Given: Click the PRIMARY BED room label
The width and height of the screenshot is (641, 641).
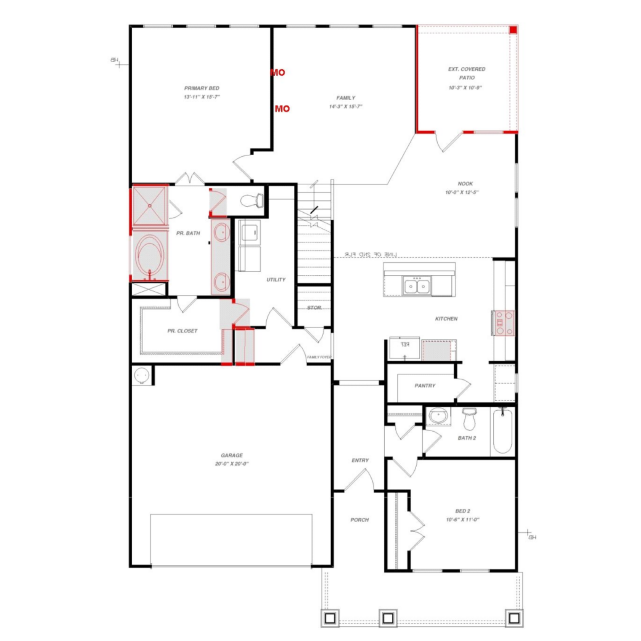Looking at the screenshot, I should pos(202,88).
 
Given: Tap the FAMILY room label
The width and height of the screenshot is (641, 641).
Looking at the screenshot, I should pos(346,98).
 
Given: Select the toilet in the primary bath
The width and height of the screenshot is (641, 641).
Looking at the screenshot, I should pos(252,201).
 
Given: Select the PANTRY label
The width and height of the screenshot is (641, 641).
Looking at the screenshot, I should pos(425,386).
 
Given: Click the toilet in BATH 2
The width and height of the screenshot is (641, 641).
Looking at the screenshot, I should pos(469,420).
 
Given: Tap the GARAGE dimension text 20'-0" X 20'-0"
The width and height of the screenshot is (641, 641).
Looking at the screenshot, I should pos(232,464).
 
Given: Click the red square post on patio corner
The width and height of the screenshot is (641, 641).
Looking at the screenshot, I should pos(513,30).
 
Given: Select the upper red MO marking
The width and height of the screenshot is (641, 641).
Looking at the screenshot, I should pos(278,72).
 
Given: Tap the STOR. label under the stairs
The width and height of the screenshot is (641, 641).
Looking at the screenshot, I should pos(314,308).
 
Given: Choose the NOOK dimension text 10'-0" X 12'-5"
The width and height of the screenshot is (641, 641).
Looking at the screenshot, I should pos(462,193).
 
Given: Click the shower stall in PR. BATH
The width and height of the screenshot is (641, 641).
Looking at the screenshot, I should pos(150,206).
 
